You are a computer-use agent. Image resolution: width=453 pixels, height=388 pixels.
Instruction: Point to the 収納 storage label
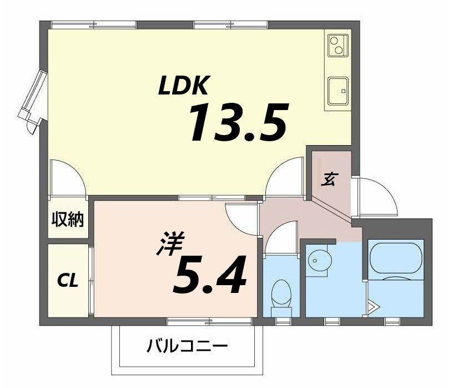(68, 220)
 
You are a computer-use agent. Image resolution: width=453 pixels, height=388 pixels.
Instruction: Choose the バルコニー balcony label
(187, 347)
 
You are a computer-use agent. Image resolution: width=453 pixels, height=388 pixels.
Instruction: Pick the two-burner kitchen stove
(338, 46)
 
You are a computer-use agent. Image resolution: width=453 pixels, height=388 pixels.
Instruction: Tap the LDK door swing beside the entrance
(285, 178)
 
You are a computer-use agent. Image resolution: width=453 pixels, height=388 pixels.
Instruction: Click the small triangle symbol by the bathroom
(374, 306)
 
